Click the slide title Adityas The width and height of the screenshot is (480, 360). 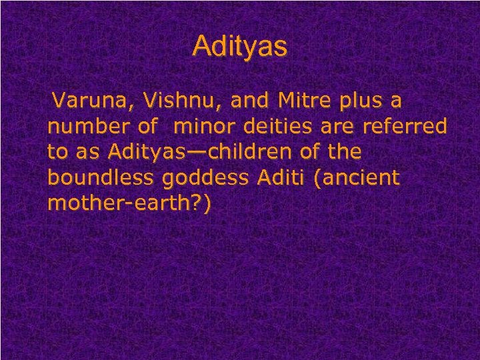(240, 47)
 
